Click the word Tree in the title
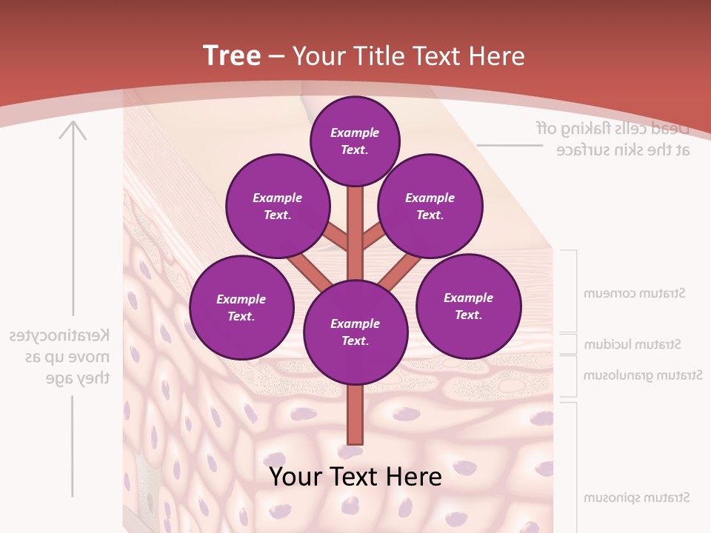click(232, 56)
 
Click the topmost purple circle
click(355, 141)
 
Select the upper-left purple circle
click(277, 206)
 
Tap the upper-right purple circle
click(430, 206)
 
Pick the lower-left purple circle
click(241, 307)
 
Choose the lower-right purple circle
click(468, 306)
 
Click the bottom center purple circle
click(355, 332)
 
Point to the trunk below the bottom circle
click(355, 415)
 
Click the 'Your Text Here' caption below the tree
click(355, 477)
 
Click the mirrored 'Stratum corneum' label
click(634, 293)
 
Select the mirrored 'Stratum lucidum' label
click(632, 345)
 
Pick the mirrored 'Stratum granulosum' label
click(642, 375)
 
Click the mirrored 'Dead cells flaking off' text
click(613, 128)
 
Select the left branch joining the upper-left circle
click(336, 236)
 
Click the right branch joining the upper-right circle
click(375, 236)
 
